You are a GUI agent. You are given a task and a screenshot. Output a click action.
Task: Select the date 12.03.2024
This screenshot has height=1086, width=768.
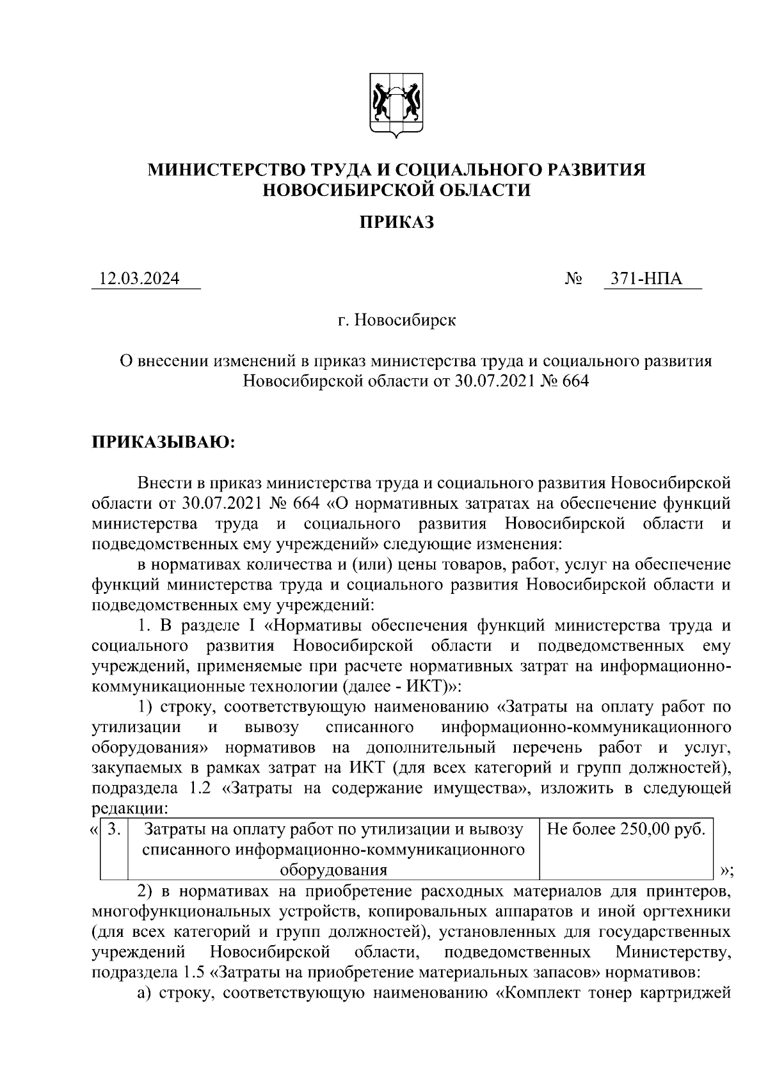pos(139,279)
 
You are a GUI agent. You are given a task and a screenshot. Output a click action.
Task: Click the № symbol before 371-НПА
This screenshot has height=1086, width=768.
pos(573,280)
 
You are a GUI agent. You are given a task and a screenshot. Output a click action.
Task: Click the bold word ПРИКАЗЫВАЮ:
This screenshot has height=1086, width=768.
pos(164,442)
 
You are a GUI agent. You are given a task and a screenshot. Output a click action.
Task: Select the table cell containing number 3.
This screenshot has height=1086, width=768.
pos(115,829)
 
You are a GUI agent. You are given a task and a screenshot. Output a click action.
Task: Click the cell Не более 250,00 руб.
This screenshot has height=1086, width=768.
pos(627,829)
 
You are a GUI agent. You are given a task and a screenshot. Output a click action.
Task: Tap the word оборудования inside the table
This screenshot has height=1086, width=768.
pos(334,870)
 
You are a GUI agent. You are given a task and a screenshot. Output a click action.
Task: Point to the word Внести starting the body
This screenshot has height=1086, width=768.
pos(161,482)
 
